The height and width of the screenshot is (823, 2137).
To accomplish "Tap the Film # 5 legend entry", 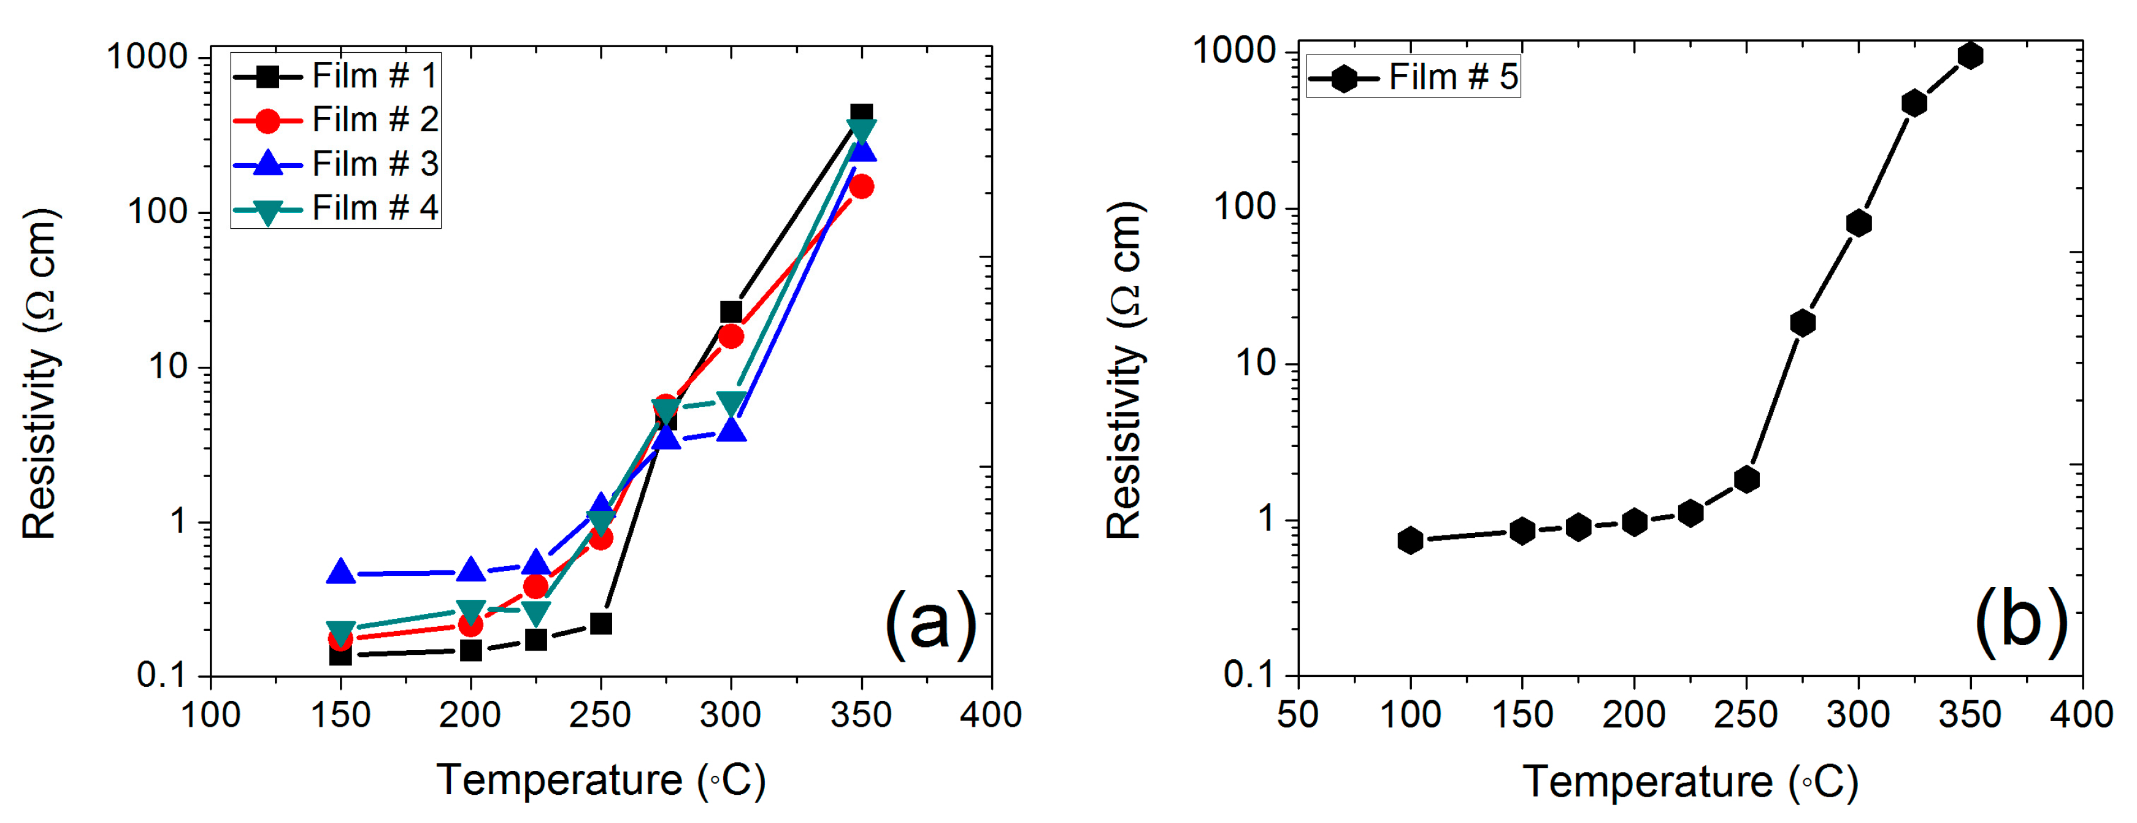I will (1413, 78).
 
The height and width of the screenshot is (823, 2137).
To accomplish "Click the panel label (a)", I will (930, 624).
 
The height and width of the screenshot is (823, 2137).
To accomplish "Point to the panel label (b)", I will (2021, 622).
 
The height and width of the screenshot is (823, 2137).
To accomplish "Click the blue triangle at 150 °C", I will (341, 572).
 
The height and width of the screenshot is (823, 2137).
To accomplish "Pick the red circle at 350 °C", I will (861, 186).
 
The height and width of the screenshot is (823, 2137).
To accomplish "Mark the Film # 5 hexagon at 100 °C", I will (1410, 541).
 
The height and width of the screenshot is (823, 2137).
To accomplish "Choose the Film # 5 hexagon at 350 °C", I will (1970, 56).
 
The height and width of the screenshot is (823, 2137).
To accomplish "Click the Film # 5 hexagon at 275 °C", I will (1802, 323).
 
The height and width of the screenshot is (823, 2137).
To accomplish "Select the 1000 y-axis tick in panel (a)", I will (149, 57).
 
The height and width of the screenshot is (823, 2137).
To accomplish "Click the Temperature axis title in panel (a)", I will (600, 780).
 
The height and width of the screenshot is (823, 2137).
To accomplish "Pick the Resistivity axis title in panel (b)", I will (1126, 371).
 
